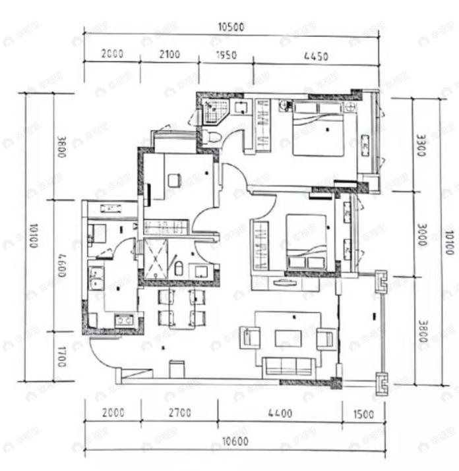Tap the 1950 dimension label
coord(226,56)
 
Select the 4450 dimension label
coord(315,56)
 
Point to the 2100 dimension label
coord(169,56)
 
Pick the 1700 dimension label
coord(60,356)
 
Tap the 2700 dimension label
coord(179,414)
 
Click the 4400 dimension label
coord(280,414)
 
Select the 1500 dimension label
coord(363,414)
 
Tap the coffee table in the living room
coord(288,338)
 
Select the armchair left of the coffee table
coord(251,338)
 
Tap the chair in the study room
coord(174,180)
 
